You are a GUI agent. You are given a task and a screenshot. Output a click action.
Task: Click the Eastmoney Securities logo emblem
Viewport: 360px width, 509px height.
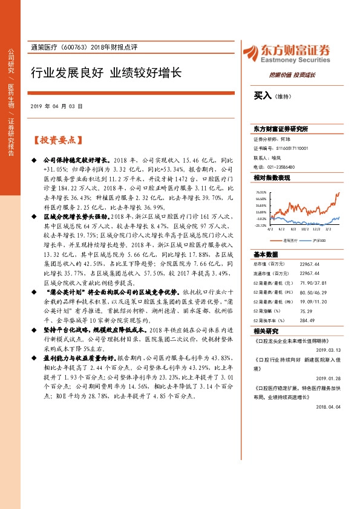tap(249, 53)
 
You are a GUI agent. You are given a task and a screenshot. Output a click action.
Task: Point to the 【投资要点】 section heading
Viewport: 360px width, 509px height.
tap(56, 140)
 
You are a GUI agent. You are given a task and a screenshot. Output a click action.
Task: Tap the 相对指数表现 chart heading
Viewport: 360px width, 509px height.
tap(271, 178)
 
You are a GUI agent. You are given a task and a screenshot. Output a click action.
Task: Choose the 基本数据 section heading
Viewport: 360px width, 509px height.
tap(266, 254)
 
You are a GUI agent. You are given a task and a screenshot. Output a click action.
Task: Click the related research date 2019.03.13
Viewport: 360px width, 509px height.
tap(330, 348)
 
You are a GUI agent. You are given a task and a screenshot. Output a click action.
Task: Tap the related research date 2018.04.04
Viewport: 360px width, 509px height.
tap(330, 391)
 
